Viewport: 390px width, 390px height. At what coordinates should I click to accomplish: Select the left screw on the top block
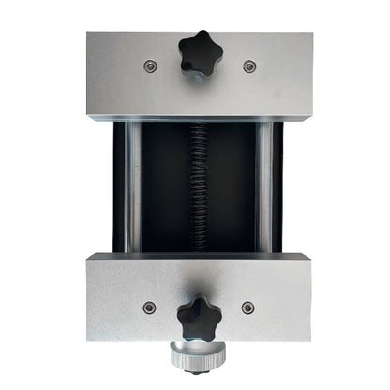point(149,66)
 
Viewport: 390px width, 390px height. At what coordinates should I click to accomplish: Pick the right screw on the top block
point(248,67)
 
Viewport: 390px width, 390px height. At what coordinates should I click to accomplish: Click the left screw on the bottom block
point(148,307)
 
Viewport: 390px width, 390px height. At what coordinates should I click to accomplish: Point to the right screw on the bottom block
point(247,307)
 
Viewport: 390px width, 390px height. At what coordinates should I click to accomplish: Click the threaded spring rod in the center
point(199,187)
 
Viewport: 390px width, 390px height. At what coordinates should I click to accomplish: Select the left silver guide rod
point(134,187)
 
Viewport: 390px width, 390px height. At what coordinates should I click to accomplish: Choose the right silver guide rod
point(264,187)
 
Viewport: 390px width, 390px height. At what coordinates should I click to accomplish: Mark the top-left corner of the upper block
point(86,35)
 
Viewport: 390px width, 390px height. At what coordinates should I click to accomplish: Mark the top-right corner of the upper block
point(312,35)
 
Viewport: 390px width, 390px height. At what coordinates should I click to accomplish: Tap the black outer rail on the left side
point(119,187)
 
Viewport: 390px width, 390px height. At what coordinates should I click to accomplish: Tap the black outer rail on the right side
point(278,187)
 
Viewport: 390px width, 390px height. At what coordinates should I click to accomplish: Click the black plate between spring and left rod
point(167,187)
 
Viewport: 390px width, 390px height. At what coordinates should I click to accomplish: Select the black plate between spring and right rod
point(232,187)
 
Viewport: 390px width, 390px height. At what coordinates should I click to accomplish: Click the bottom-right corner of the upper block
point(312,119)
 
